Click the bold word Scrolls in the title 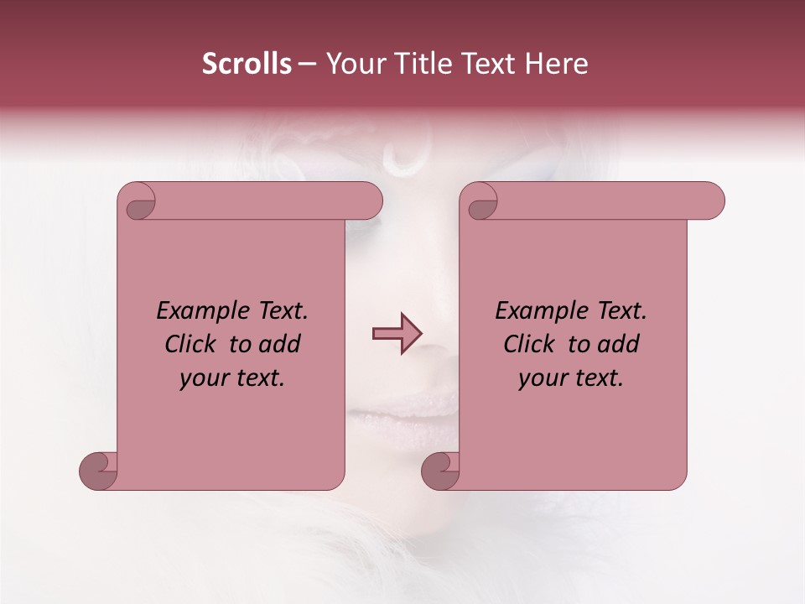(247, 64)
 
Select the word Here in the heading (557, 64)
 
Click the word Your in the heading (353, 64)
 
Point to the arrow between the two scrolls (397, 334)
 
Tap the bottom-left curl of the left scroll (99, 471)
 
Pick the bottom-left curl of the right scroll (440, 471)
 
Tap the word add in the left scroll (279, 344)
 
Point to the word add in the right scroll (618, 344)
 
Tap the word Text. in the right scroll (621, 311)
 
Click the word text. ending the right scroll (599, 378)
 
